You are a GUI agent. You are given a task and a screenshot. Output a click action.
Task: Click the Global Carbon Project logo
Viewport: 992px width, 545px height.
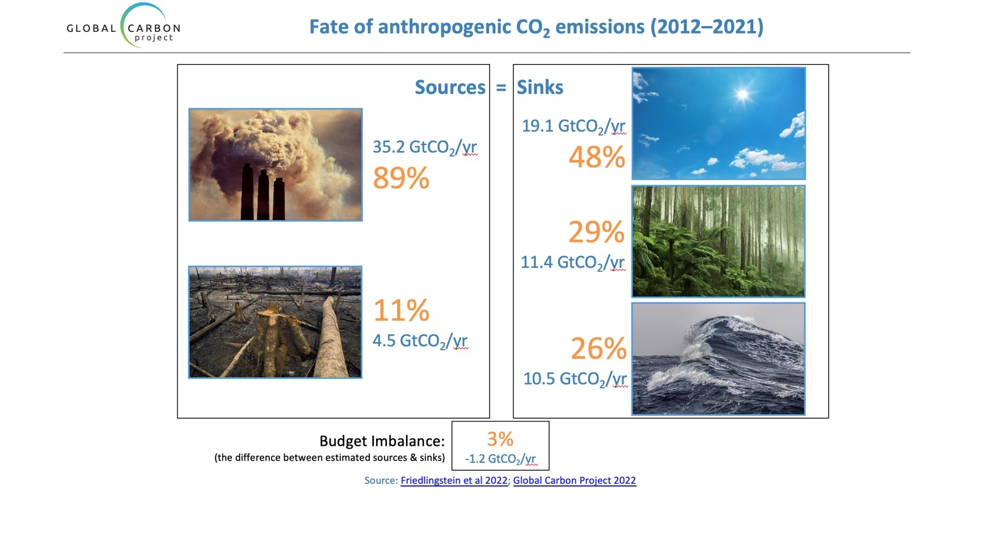coord(124,26)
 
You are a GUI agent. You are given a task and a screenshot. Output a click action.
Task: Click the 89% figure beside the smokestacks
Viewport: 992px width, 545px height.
coord(401,178)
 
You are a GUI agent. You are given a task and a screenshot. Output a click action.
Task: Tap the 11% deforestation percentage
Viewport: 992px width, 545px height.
coord(401,310)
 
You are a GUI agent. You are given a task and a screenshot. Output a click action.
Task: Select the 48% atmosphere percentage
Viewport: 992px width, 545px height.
coord(597,157)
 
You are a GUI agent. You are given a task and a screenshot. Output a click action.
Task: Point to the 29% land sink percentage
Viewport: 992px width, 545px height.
coord(596,232)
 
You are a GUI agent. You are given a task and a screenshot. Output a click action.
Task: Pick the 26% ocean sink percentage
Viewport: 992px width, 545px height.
coord(598,349)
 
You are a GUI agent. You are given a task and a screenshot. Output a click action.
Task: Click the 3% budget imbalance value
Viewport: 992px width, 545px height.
coord(500,439)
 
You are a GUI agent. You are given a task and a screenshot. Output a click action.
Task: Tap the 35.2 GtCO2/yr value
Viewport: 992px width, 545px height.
coord(425,148)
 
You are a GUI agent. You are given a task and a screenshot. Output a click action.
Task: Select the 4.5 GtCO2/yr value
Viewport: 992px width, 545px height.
coord(420,341)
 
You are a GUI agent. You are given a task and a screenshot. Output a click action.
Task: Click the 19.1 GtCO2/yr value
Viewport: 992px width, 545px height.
coord(574,126)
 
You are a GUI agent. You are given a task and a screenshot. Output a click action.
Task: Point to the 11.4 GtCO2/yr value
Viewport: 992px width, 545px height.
coord(573,263)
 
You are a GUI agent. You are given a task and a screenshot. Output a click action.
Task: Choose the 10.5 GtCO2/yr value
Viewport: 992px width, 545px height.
coord(575,379)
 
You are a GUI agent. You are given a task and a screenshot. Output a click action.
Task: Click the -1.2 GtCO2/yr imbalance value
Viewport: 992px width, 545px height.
coord(500,459)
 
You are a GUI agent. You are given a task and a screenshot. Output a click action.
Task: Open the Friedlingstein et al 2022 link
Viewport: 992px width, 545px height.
coord(454,480)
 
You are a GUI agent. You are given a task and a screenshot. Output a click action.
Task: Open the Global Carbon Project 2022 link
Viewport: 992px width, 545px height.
coord(575,480)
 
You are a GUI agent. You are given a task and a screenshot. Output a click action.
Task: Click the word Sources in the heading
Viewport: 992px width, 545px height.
coord(450,87)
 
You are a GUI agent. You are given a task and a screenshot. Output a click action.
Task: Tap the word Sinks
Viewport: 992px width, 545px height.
coord(540,87)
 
